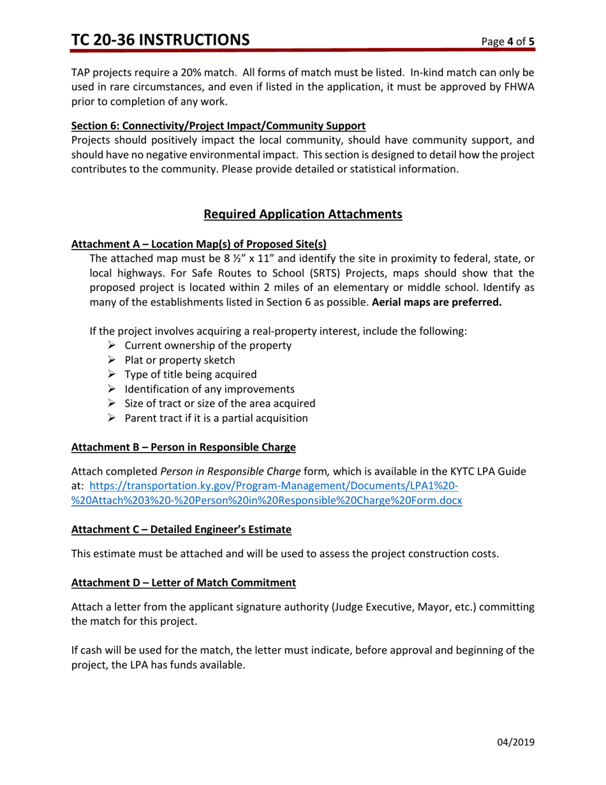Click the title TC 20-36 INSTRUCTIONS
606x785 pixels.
pyautogui.click(x=160, y=40)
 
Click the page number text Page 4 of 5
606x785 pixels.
pyautogui.click(x=508, y=42)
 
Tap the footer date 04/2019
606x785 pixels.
pyautogui.click(x=515, y=742)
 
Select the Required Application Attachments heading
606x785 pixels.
pyautogui.click(x=302, y=214)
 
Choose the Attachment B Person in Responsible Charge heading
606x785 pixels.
pyautogui.click(x=184, y=447)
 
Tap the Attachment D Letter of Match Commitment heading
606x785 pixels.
pyautogui.click(x=184, y=583)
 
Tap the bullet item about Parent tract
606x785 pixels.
pyautogui.click(x=216, y=419)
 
